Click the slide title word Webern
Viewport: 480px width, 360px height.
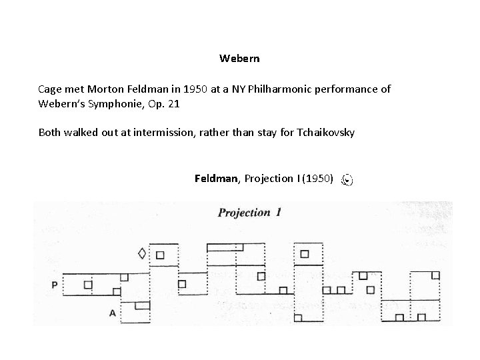pos(239,59)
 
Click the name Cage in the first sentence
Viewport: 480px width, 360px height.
pos(51,89)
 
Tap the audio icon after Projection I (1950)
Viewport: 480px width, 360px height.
pos(347,179)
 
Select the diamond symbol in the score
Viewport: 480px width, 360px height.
pos(141,253)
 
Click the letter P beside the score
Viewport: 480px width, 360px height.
pos(54,285)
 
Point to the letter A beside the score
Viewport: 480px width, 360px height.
pos(113,312)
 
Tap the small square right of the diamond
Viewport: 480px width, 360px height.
pos(160,254)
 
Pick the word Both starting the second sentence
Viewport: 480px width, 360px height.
pos(51,132)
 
